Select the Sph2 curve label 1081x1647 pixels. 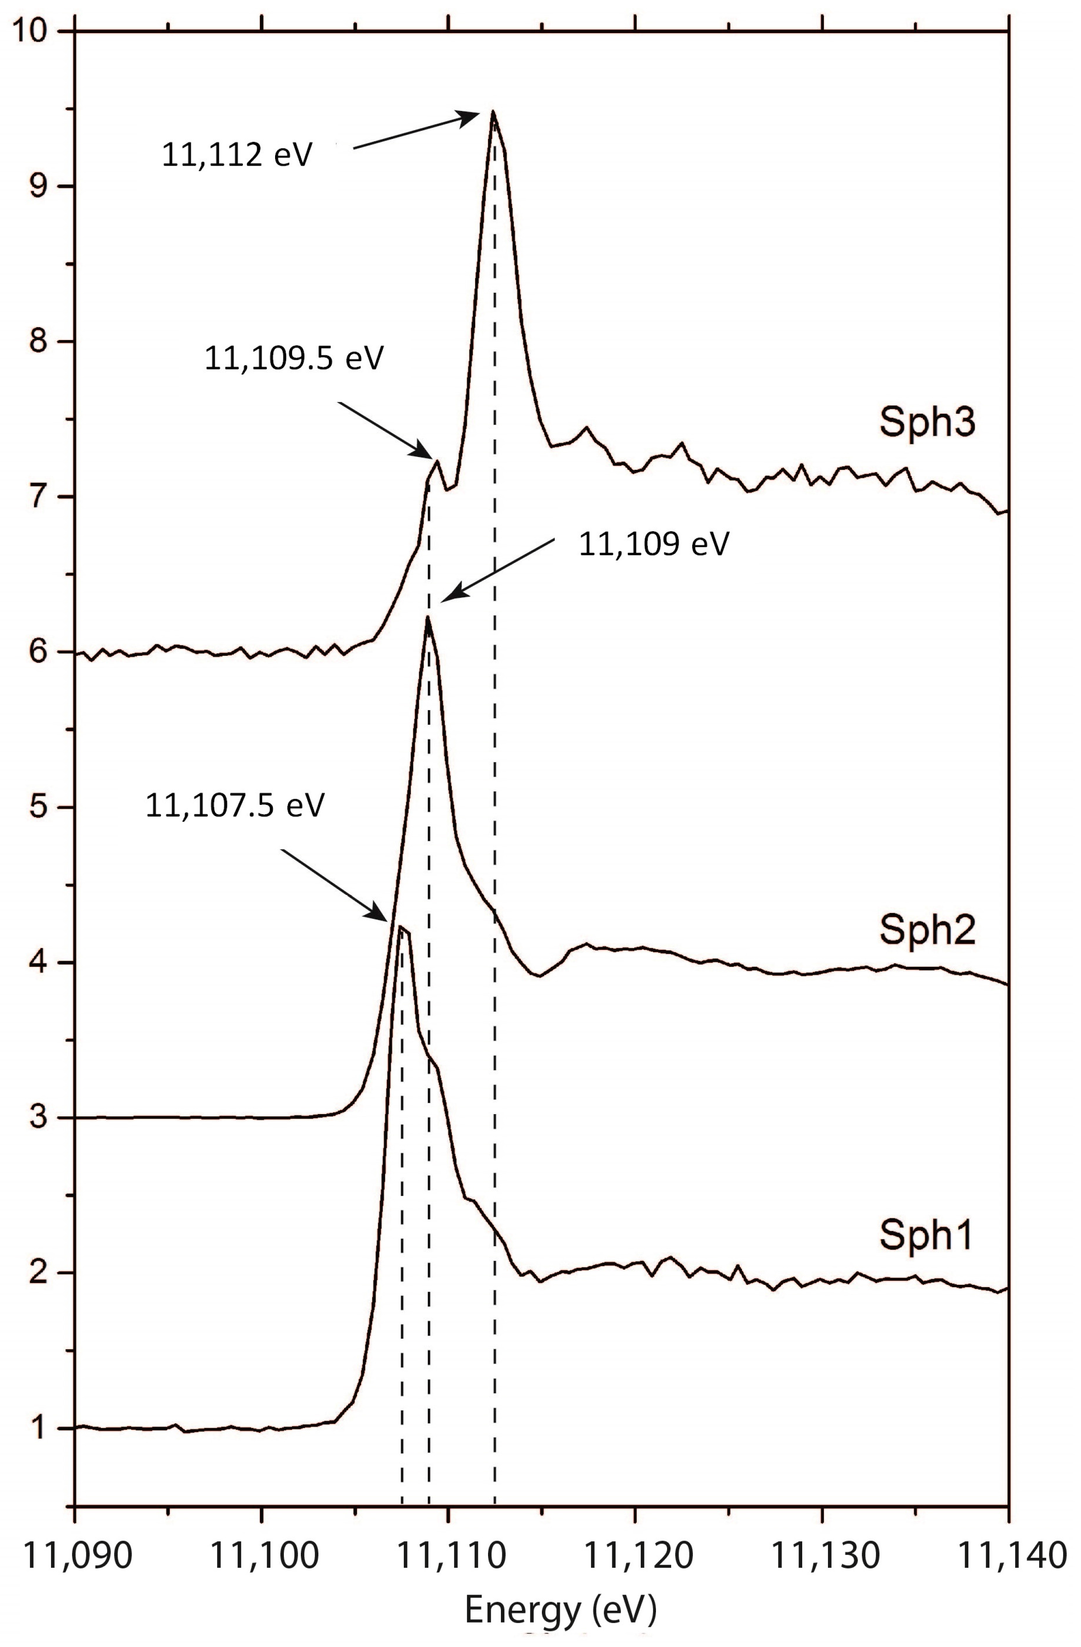click(x=927, y=931)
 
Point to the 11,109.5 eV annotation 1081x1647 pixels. click(x=293, y=359)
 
